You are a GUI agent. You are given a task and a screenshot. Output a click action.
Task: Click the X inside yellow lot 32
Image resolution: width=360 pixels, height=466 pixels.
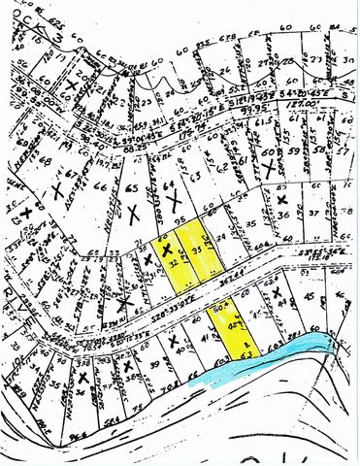pos(167,250)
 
